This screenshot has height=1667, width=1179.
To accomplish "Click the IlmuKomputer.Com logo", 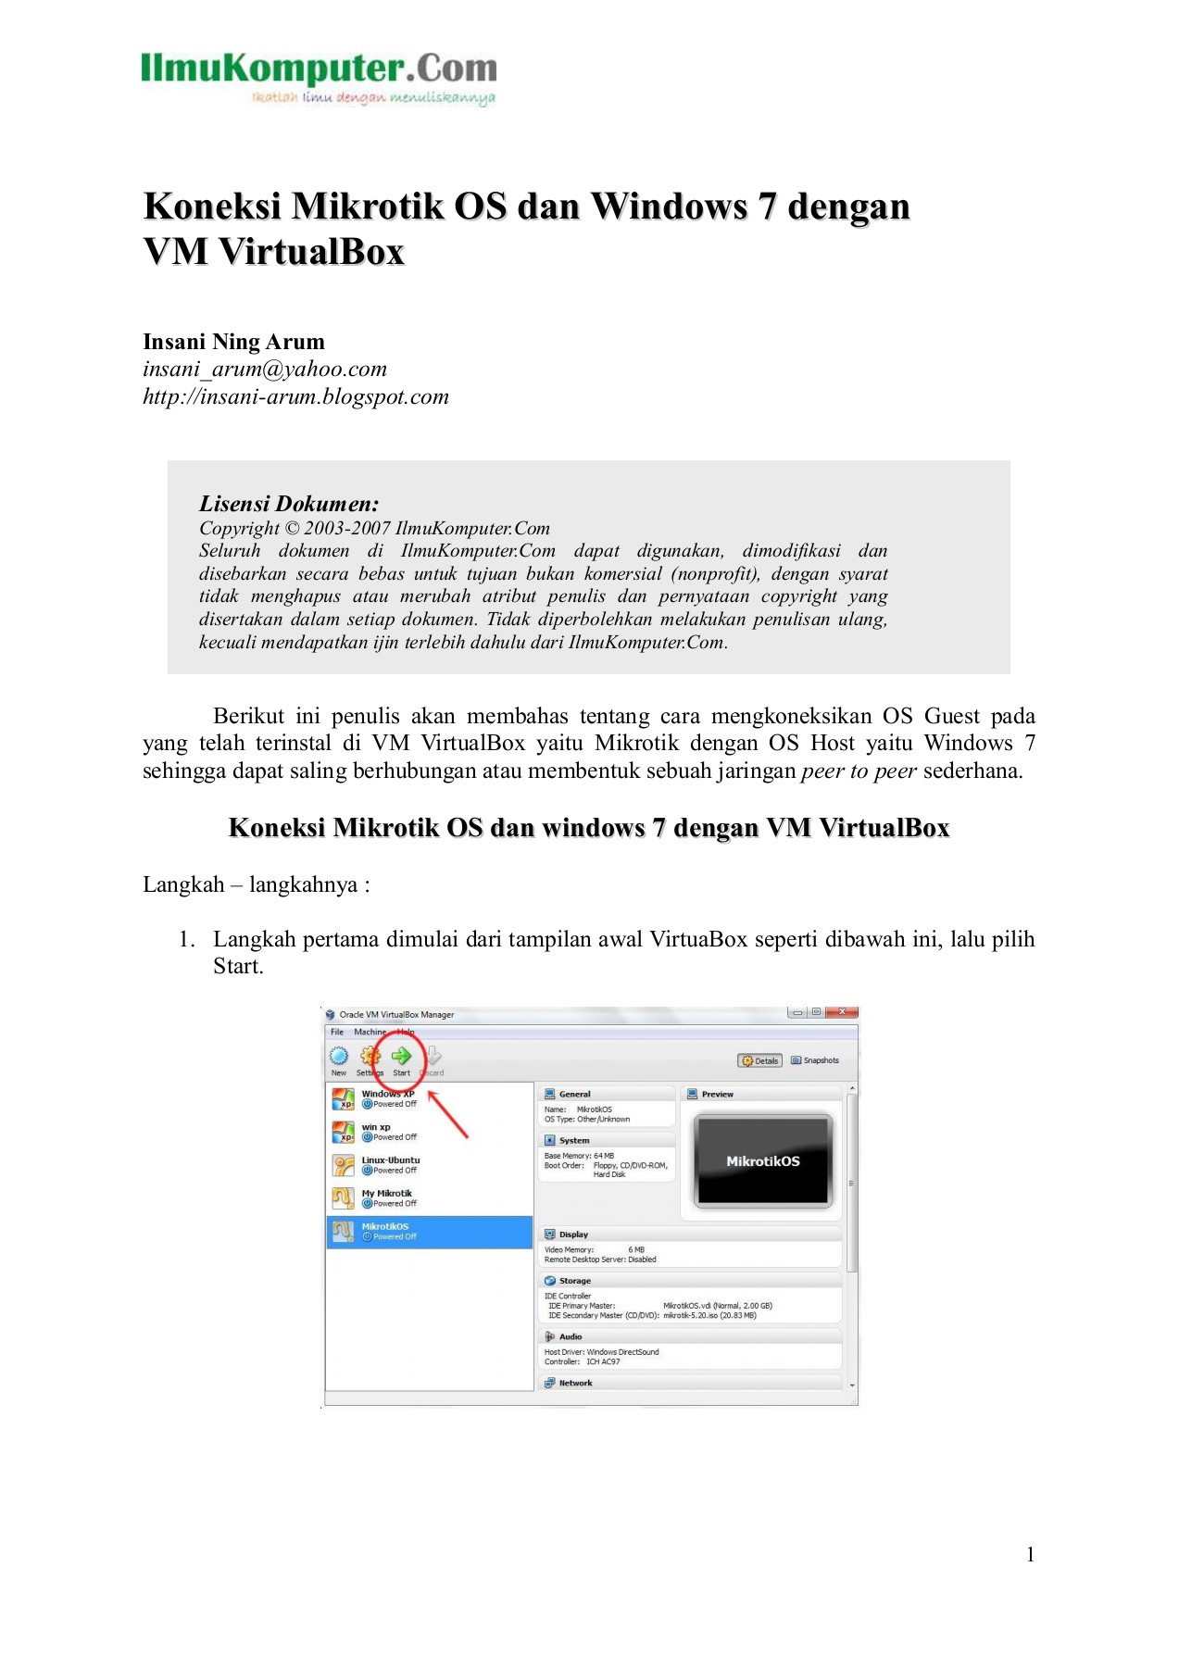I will [x=319, y=78].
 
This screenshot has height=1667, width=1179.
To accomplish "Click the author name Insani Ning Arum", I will [x=233, y=342].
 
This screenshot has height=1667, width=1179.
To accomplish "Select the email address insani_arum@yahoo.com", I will [x=264, y=370].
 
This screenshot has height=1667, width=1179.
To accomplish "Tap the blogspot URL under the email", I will [x=295, y=397].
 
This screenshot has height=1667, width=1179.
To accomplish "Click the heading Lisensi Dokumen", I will [x=289, y=504].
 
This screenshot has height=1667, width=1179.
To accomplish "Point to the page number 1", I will [x=1030, y=1555].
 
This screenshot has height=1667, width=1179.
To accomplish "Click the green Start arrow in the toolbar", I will [x=401, y=1056].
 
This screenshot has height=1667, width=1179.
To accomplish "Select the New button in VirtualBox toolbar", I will [x=339, y=1059].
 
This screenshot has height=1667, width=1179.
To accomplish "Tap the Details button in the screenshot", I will [x=760, y=1060].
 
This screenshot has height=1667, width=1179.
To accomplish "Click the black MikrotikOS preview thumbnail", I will [x=762, y=1161].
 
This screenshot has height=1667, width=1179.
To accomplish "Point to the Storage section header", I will [x=574, y=1281].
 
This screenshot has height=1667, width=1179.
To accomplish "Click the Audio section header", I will [x=570, y=1336].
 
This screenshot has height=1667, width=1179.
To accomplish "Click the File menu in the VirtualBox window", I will [x=337, y=1032].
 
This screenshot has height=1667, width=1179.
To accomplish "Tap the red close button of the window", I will [x=843, y=1012].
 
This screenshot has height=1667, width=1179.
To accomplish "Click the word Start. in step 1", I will [x=238, y=967].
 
